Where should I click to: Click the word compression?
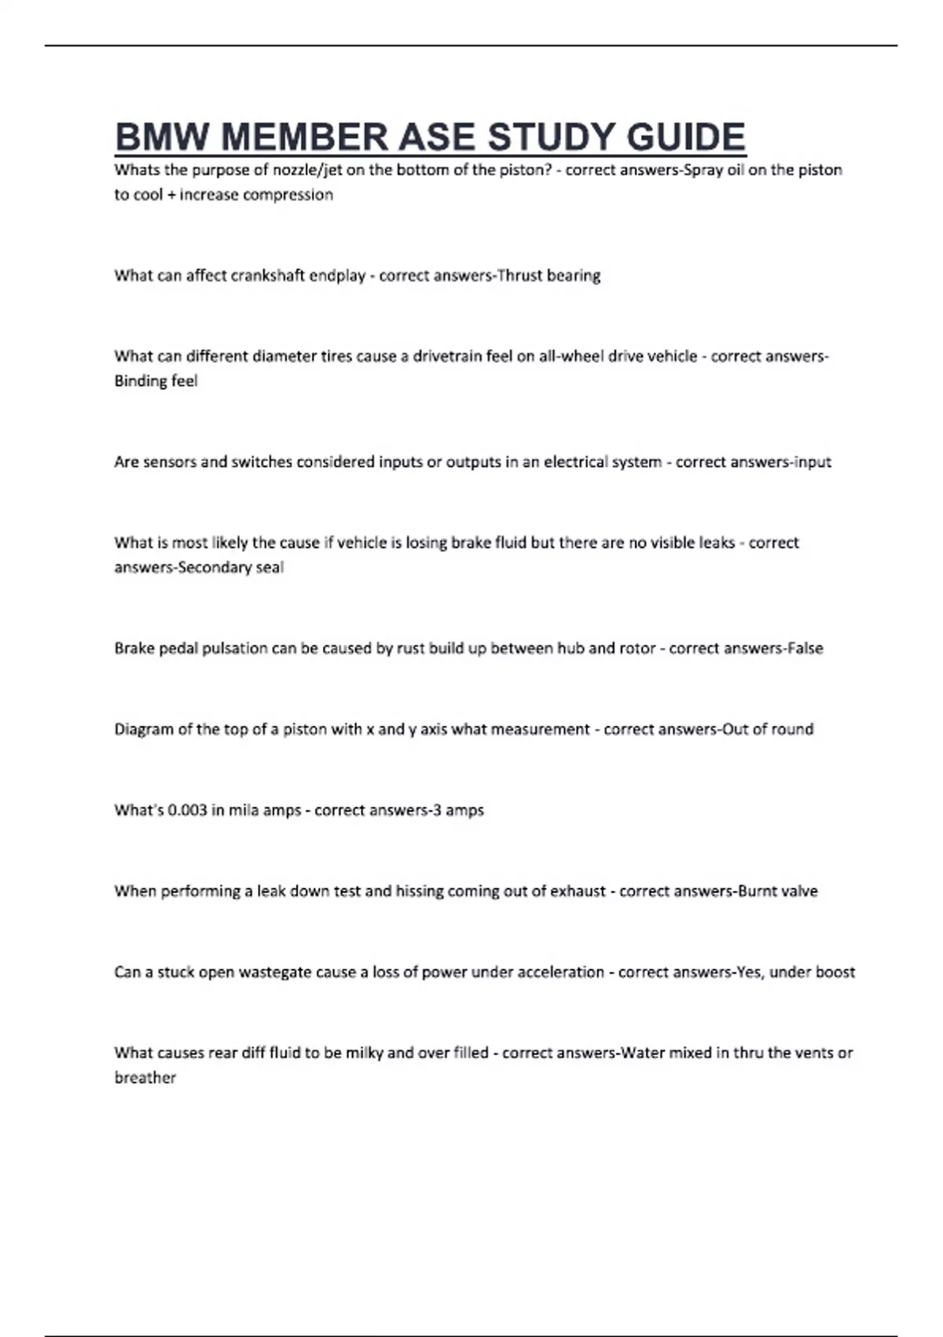[x=292, y=194]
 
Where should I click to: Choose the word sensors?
[x=167, y=462]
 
